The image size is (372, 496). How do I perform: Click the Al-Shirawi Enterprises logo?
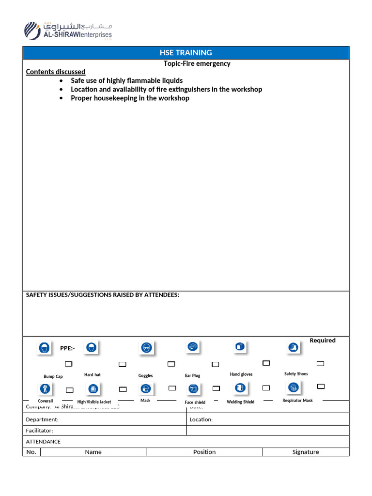pos(68,30)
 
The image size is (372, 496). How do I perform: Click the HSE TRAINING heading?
pos(186,53)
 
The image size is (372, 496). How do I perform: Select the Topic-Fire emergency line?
pos(197,63)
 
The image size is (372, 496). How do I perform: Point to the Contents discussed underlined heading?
pos(55,72)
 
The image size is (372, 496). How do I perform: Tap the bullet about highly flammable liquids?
pos(126,80)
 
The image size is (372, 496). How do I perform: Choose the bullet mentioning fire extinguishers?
pos(166,89)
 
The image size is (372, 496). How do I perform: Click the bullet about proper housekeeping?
pos(130,98)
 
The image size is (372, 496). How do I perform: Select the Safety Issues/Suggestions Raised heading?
pos(102,295)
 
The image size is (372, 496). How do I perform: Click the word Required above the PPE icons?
pos(323,341)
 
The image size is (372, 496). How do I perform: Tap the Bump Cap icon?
pos(45,347)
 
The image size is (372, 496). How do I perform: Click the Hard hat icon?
pos(91,347)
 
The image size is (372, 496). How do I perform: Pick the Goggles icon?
pos(146,347)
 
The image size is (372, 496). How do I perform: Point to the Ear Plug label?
pos(192,375)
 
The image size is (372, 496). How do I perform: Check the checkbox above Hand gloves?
pos(266,363)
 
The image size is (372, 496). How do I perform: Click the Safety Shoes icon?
pos(293,347)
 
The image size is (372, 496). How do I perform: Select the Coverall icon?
pos(45,388)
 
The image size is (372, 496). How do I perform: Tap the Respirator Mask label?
pos(297,401)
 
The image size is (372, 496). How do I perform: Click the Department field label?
pos(42,419)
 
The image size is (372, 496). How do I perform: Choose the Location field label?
pos(201,419)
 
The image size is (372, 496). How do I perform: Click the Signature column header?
pos(306,452)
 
